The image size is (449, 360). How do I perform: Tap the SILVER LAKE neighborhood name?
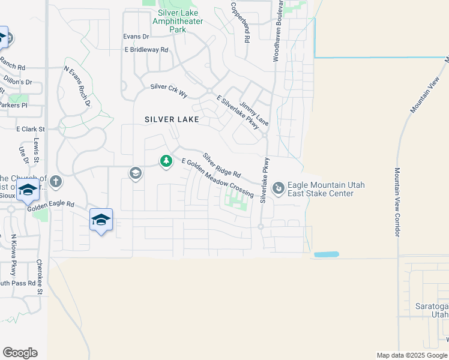click(x=172, y=119)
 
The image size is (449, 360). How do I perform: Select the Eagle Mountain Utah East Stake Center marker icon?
click(x=279, y=189)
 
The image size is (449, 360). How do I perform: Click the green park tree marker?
click(x=166, y=161)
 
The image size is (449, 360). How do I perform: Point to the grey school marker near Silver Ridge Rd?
click(x=135, y=173)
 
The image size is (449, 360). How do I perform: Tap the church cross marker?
click(x=56, y=181)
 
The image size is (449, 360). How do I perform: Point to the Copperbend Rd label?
click(x=240, y=22)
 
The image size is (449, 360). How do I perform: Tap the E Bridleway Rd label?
click(x=146, y=50)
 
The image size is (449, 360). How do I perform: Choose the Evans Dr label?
click(x=136, y=37)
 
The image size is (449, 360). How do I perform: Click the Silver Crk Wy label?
click(x=169, y=86)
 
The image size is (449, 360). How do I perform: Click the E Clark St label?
click(x=31, y=129)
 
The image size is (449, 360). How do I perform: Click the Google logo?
click(x=20, y=353)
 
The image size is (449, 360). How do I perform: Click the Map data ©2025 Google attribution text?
click(x=412, y=355)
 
